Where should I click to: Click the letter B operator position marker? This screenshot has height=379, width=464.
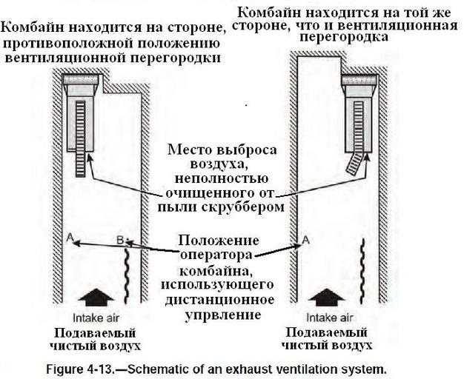pos(120,238)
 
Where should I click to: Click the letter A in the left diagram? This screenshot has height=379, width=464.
pos(68,237)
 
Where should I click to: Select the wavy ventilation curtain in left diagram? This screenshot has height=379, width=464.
pos(128,271)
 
